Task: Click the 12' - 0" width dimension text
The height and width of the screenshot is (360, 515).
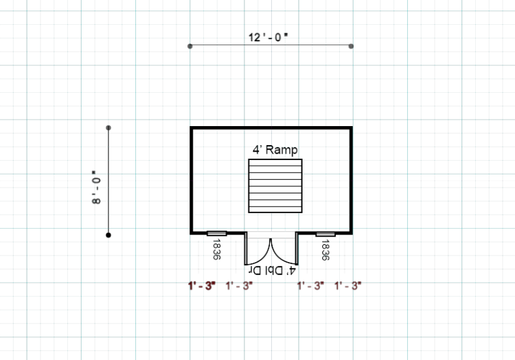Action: pos(268,37)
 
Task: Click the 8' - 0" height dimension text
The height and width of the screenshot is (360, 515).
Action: pos(96,188)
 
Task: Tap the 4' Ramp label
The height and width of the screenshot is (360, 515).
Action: pos(275,150)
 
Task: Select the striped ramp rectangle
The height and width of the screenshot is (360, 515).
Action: pos(275,186)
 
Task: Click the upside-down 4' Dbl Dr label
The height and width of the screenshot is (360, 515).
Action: pos(272,270)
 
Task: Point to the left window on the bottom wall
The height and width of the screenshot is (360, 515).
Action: pos(217,233)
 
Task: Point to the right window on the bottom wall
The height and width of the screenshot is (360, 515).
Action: pos(325,234)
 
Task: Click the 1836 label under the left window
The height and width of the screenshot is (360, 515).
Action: pos(216,250)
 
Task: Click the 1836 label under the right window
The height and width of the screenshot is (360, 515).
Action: pos(325,250)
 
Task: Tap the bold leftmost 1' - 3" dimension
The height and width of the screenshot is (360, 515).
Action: pos(202,286)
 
